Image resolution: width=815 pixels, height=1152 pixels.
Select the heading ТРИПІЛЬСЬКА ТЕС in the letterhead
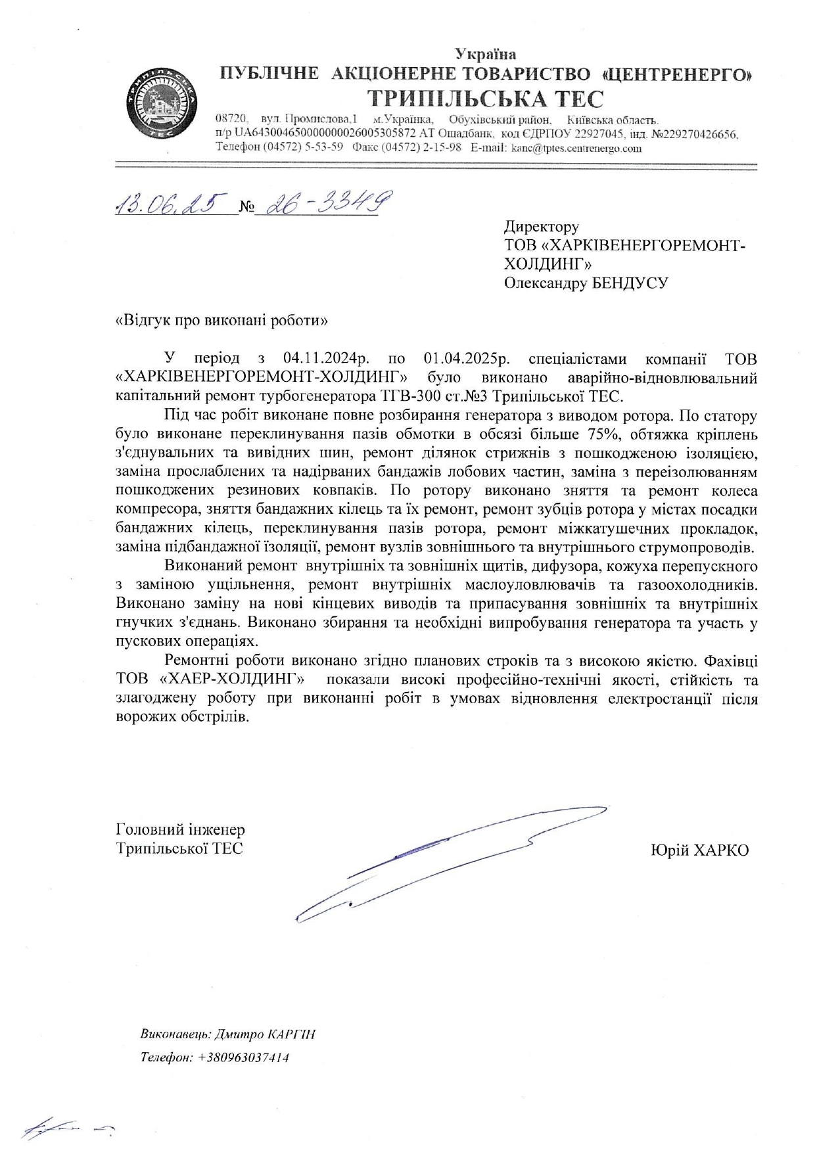coord(486,99)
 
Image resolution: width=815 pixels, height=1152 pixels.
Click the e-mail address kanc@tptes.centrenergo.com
coord(576,149)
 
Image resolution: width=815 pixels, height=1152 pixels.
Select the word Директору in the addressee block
coord(542,227)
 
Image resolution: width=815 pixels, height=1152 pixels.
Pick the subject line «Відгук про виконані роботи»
coord(221,321)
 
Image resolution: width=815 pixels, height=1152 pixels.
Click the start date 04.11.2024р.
coord(327,359)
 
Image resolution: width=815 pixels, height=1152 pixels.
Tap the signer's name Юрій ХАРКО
coord(699,850)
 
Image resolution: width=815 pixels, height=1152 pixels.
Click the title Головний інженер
coord(180,829)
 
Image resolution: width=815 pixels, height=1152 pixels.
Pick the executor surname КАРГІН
coord(291,1034)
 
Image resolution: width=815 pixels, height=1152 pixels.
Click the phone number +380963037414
coord(243,1057)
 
